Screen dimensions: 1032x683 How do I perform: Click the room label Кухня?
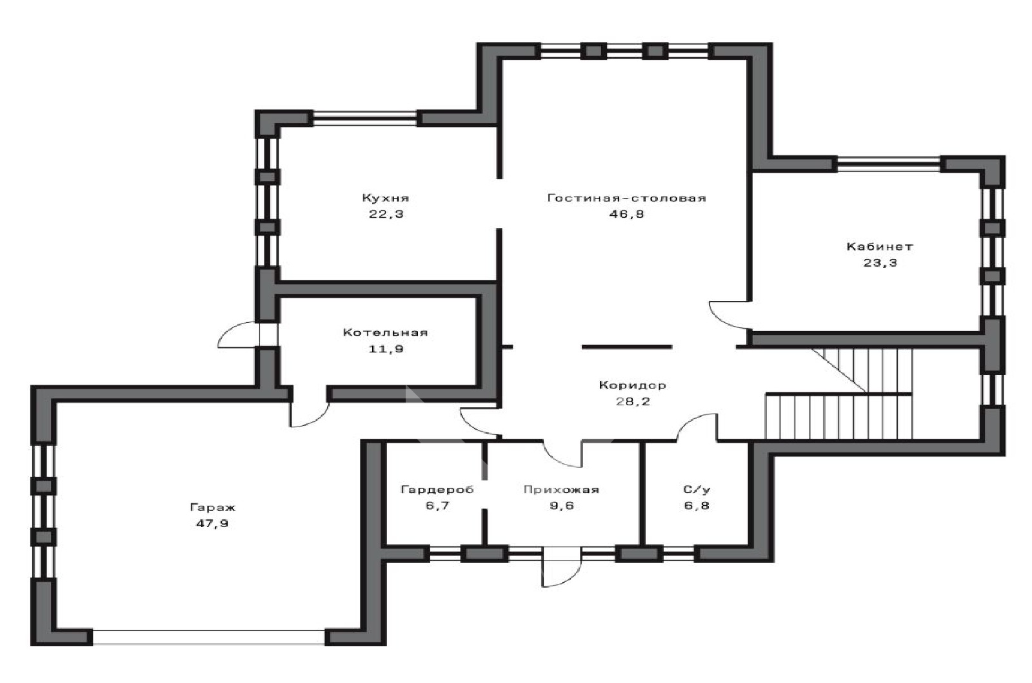[386, 198]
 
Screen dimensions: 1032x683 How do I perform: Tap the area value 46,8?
[626, 214]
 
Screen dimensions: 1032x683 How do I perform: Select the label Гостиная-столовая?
[626, 198]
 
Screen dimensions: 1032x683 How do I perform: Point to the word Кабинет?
[880, 247]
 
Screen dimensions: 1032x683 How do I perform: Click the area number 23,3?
[880, 263]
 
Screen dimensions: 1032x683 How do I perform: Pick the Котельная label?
[386, 332]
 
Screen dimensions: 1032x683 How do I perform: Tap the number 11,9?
[386, 349]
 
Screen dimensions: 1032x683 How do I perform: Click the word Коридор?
[633, 385]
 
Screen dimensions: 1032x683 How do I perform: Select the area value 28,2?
[633, 401]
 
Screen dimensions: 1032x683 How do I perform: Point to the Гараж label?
[212, 508]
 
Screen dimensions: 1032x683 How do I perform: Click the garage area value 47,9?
[212, 524]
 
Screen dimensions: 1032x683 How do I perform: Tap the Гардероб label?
[437, 489]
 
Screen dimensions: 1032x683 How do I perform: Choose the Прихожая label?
[561, 489]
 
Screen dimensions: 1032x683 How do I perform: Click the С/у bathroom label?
[697, 489]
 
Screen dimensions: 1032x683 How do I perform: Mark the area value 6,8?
[697, 506]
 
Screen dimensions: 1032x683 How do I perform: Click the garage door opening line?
[209, 637]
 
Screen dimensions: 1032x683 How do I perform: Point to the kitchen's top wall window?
[364, 118]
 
